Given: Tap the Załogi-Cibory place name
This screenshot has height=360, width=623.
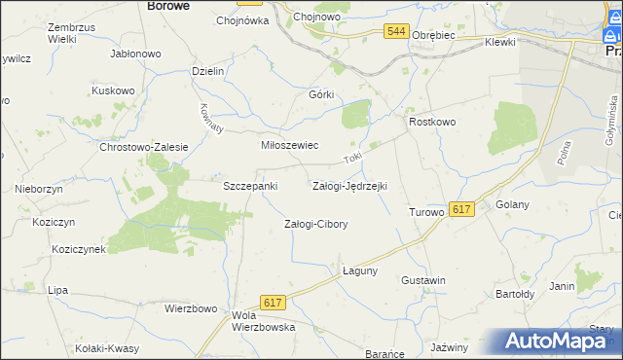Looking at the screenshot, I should pyautogui.click(x=315, y=224).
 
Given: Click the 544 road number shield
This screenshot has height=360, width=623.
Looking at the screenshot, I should pyautogui.click(x=395, y=32).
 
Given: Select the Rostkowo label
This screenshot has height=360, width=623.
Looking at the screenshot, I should pyautogui.click(x=433, y=122).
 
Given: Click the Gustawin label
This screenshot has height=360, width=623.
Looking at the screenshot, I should pyautogui.click(x=423, y=280).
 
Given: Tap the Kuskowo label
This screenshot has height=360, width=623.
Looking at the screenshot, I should pyautogui.click(x=112, y=90).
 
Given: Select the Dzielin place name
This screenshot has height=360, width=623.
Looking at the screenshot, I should pyautogui.click(x=209, y=71).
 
